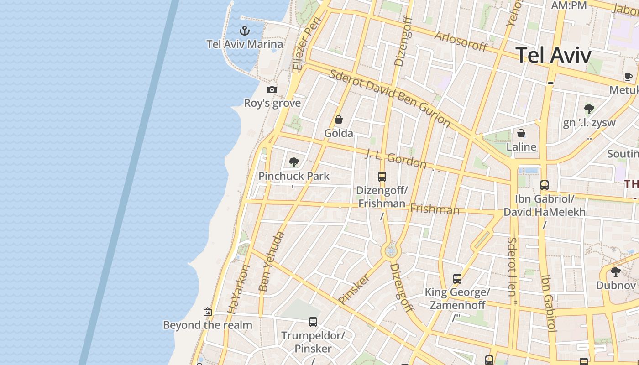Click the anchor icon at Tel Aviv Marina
click(x=245, y=31)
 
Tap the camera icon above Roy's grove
click(x=272, y=89)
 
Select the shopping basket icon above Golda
click(x=339, y=120)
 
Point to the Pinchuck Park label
click(x=293, y=176)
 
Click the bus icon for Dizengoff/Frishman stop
click(x=382, y=177)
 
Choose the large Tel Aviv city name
click(x=554, y=55)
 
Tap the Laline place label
click(x=521, y=147)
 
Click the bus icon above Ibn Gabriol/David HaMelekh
click(x=544, y=185)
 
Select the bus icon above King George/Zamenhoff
click(x=457, y=278)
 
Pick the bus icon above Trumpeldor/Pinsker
click(x=313, y=322)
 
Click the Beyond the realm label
click(x=208, y=325)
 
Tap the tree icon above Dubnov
click(x=616, y=272)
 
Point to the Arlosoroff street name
click(x=461, y=42)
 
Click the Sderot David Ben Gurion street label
click(x=390, y=99)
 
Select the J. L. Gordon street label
click(x=396, y=160)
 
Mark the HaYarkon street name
click(x=238, y=289)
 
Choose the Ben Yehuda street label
click(x=271, y=262)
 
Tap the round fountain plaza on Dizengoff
click(x=391, y=251)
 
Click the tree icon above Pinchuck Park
click(x=294, y=162)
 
